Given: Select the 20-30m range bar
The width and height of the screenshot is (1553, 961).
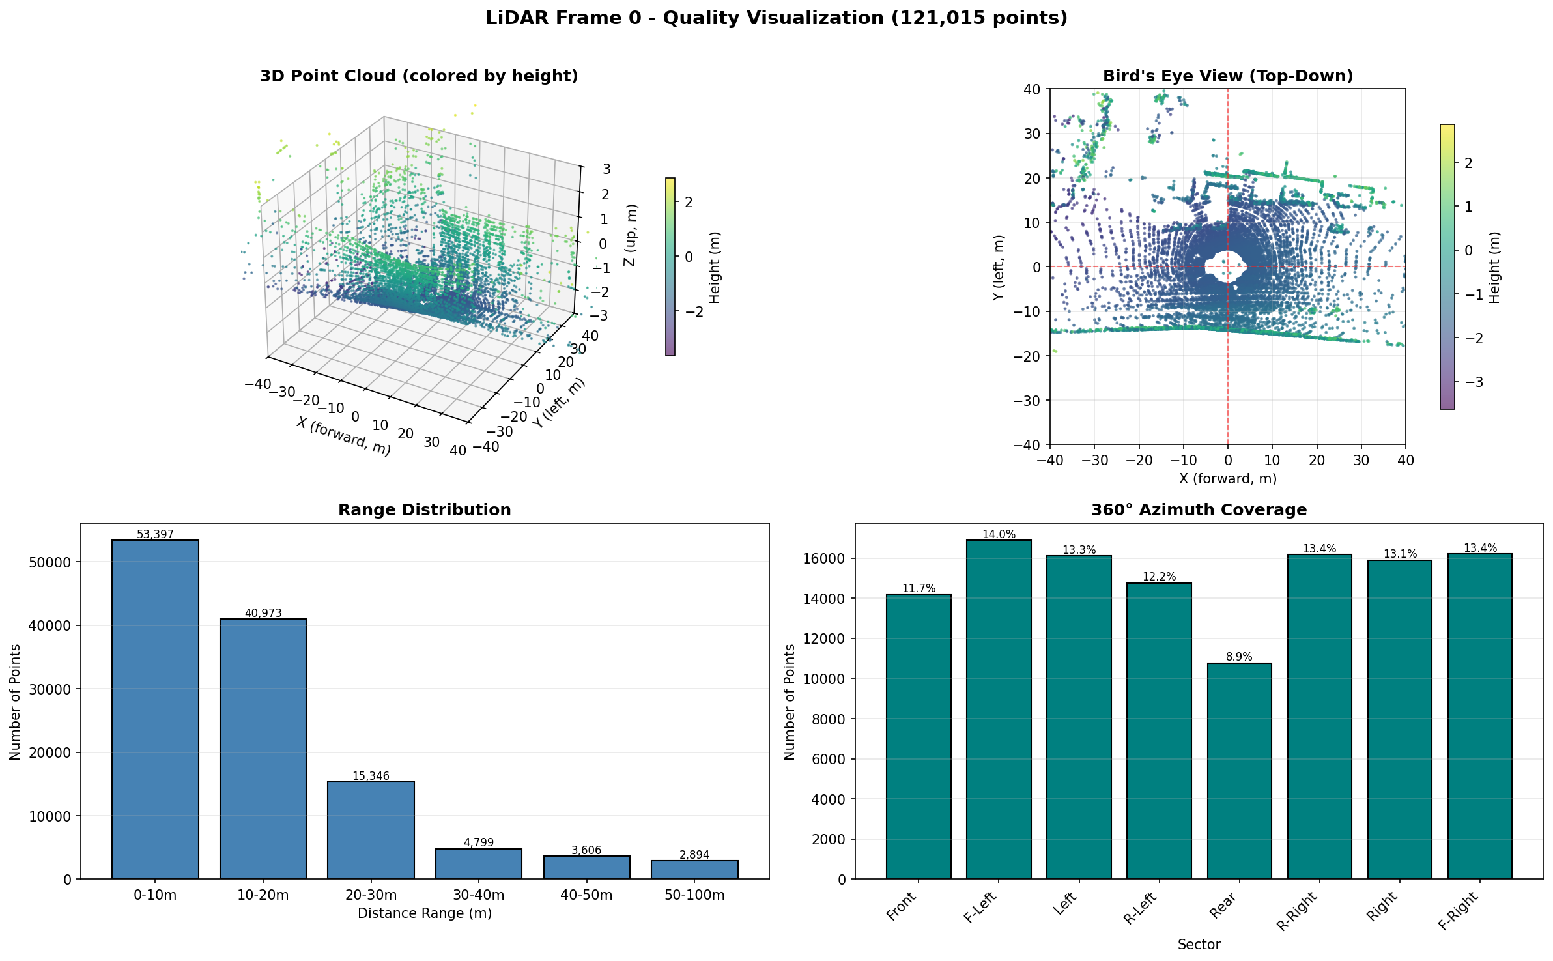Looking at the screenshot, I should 371,830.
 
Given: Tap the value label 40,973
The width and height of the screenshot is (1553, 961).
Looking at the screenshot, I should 263,613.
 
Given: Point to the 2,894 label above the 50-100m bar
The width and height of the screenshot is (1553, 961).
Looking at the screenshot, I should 694,855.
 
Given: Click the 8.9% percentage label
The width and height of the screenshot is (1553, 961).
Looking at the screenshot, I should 1239,657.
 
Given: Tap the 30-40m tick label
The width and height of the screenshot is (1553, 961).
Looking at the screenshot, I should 479,895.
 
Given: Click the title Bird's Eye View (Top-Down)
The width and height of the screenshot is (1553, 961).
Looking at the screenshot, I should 1227,76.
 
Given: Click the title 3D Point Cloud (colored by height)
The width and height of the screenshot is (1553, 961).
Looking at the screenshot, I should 419,76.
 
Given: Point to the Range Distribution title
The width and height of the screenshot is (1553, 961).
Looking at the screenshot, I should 424,510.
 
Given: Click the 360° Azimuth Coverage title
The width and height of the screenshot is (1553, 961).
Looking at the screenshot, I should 1199,510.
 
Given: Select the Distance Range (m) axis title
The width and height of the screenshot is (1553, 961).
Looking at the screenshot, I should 424,913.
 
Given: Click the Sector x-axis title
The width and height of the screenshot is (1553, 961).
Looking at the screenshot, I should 1199,945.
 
